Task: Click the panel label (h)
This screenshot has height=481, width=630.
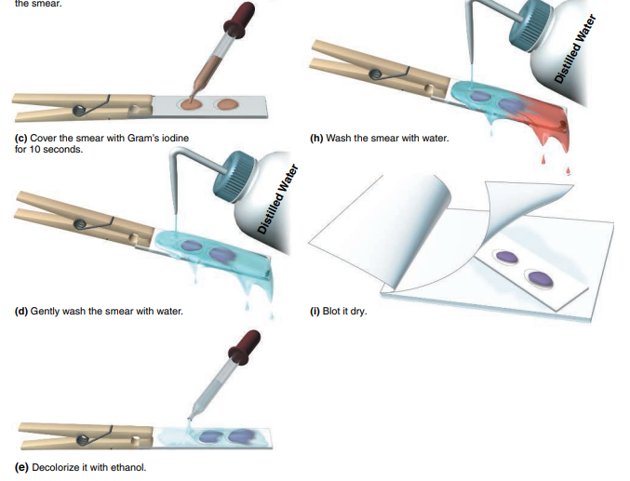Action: (316, 139)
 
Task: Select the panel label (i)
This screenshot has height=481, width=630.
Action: (315, 311)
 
